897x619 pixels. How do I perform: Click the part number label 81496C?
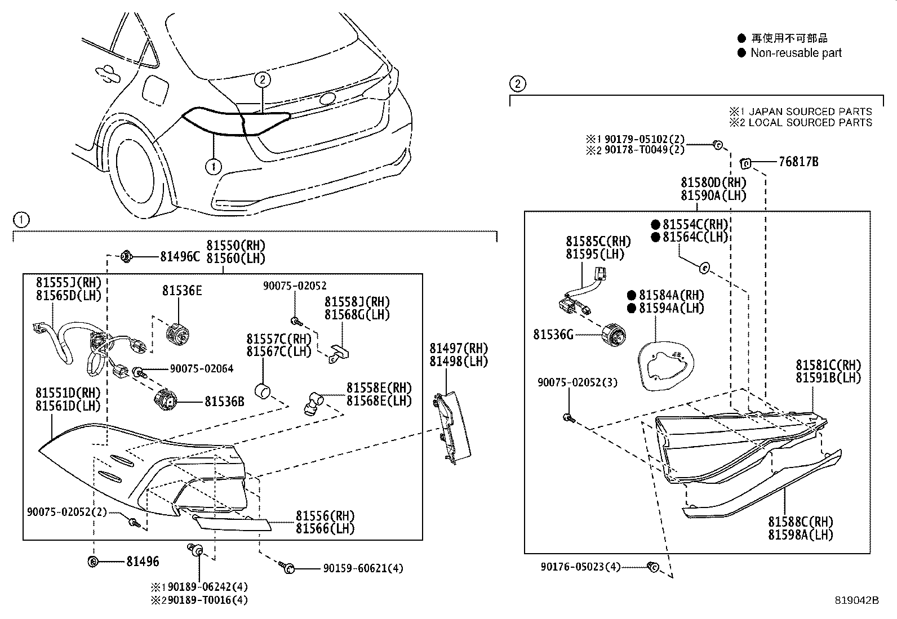pos(180,257)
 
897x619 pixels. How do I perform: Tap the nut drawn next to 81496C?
pos(127,257)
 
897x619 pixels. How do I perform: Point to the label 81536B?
pos(224,402)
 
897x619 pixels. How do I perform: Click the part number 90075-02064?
pos(202,369)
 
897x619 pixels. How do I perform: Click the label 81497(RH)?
pos(459,349)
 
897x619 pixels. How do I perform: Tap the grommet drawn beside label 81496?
pos(94,561)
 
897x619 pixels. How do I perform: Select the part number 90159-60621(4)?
pos(363,569)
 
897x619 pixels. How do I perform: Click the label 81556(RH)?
pos(325,516)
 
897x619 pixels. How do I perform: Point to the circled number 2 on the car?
pos(262,80)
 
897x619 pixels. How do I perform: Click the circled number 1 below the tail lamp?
pos(213,166)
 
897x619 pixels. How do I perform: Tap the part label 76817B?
pos(798,162)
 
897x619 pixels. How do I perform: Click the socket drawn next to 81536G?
pos(613,335)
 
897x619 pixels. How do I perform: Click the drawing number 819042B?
pos(856,600)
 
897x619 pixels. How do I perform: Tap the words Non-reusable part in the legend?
pos(796,53)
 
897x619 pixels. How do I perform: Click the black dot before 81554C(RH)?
pos(655,224)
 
